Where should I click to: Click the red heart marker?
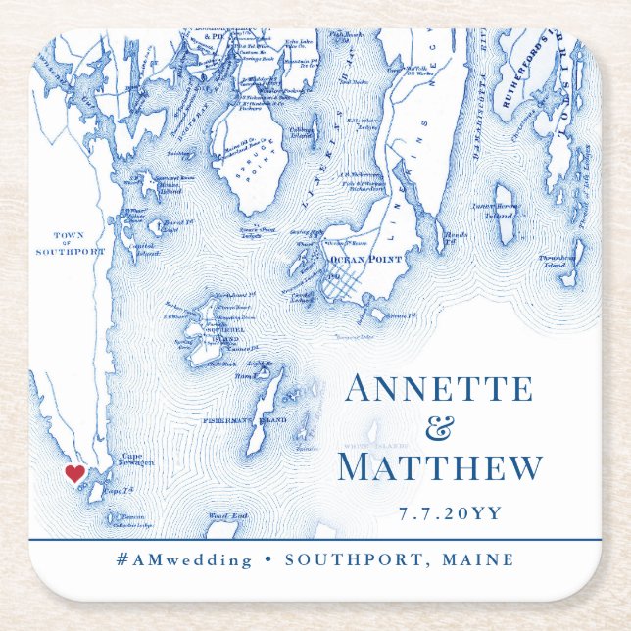tap(74, 473)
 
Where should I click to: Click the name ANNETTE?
tap(439, 389)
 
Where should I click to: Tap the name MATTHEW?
tap(439, 467)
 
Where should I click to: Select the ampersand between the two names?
tap(439, 428)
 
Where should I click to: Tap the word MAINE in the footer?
tap(478, 560)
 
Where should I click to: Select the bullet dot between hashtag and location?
tap(267, 560)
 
